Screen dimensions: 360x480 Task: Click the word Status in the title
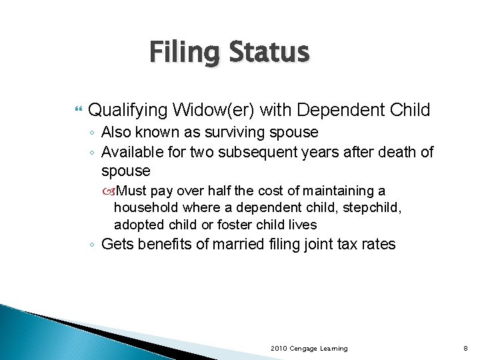tap(269, 52)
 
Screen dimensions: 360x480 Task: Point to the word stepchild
tap(370, 208)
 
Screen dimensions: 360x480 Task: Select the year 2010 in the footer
tap(279, 348)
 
